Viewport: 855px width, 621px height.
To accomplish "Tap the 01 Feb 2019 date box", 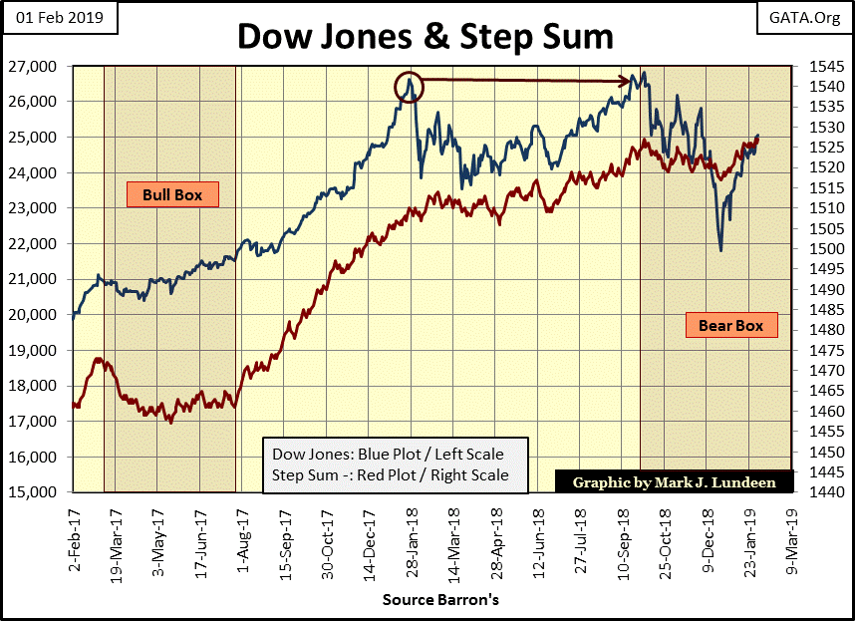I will point(59,18).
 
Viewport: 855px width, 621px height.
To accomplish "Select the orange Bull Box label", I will point(171,194).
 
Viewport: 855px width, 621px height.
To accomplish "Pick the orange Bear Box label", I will point(730,325).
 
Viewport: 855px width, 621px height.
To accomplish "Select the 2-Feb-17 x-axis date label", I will point(71,534).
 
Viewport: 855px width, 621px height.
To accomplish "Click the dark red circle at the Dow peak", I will point(409,87).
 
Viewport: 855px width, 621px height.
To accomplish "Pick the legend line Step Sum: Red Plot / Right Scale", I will point(391,475).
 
